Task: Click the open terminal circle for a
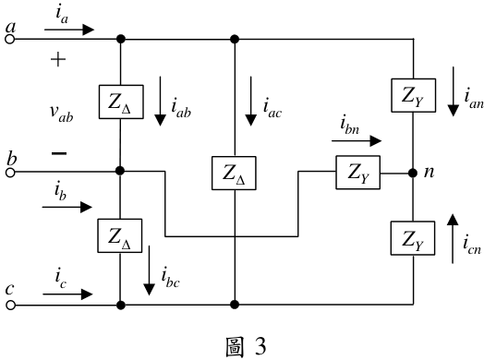coord(10,40)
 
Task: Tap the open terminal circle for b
coord(10,173)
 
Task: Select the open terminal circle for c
coord(10,306)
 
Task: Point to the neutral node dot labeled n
coord(413,173)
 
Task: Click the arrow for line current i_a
coord(69,30)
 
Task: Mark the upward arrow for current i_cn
coord(453,238)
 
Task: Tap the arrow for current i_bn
coord(357,141)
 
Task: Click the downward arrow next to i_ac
coord(250,102)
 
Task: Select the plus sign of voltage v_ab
coord(58,59)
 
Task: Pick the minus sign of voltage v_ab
coord(59,153)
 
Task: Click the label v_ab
coord(62,113)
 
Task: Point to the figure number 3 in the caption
coord(260,346)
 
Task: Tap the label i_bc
coord(170,278)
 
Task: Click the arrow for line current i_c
coord(67,294)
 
